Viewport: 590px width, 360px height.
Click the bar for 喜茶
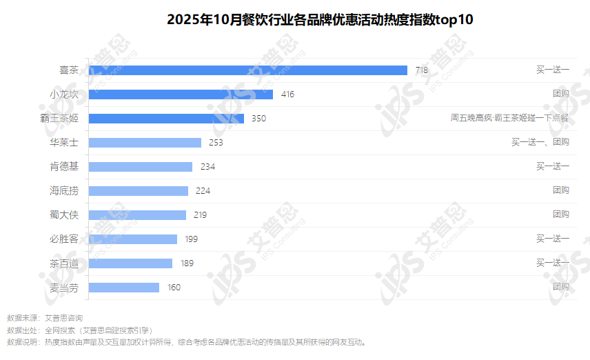[248, 70]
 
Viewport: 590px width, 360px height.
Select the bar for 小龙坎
[181, 94]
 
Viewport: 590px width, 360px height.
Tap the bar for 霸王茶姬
[166, 118]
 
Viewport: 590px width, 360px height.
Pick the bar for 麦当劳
[124, 287]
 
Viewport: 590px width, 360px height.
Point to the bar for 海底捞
[139, 190]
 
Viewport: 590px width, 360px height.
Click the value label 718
[422, 70]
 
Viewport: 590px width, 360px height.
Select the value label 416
[287, 94]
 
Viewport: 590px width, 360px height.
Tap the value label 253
[216, 142]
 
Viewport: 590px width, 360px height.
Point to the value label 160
[174, 287]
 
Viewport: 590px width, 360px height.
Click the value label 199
[191, 239]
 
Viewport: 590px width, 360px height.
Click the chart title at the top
[320, 19]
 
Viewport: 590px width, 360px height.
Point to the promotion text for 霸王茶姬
[509, 118]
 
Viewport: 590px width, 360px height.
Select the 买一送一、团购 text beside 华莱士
[540, 142]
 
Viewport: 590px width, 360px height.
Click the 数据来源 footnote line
[45, 318]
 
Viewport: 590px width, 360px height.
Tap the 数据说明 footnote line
[186, 341]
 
